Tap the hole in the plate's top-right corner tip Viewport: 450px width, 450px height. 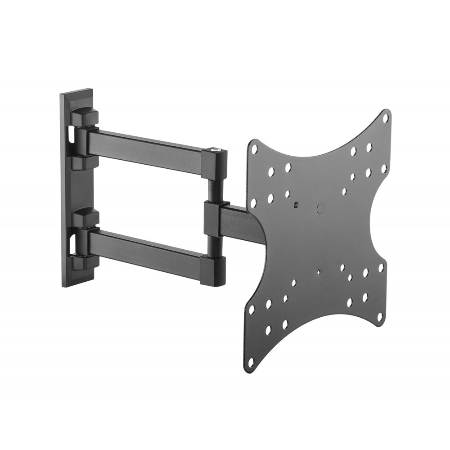tap(385, 118)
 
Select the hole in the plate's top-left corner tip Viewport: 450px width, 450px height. tap(255, 148)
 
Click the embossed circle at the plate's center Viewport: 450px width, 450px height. tap(320, 208)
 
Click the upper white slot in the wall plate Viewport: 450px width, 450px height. tap(71, 132)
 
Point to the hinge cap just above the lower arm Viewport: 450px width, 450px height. tap(85, 219)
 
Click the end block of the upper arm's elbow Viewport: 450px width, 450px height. tap(214, 164)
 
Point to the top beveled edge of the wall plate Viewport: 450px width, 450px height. tap(76, 92)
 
